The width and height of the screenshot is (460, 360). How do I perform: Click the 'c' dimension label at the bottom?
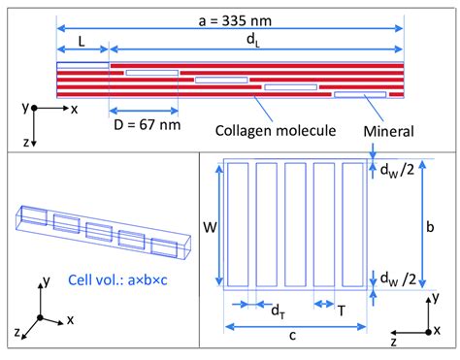coord(296,336)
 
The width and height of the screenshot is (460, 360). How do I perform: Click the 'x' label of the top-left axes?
coord(74,109)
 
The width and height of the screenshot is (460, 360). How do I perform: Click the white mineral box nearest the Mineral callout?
coord(359,94)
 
